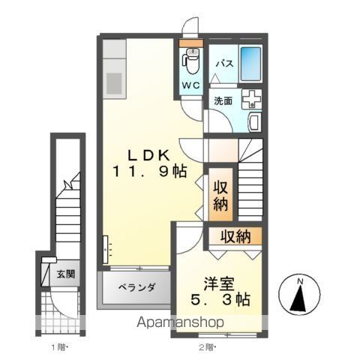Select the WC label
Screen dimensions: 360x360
[190, 85]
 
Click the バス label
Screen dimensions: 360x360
[223, 64]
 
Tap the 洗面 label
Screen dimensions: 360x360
[223, 99]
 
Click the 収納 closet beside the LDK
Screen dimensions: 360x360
[220, 195]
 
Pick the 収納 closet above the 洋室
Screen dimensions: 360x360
[235, 237]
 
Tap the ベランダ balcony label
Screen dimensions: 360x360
[137, 287]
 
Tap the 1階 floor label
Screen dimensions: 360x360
[60, 346]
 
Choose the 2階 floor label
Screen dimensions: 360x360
[208, 346]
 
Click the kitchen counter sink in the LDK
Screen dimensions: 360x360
[116, 80]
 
